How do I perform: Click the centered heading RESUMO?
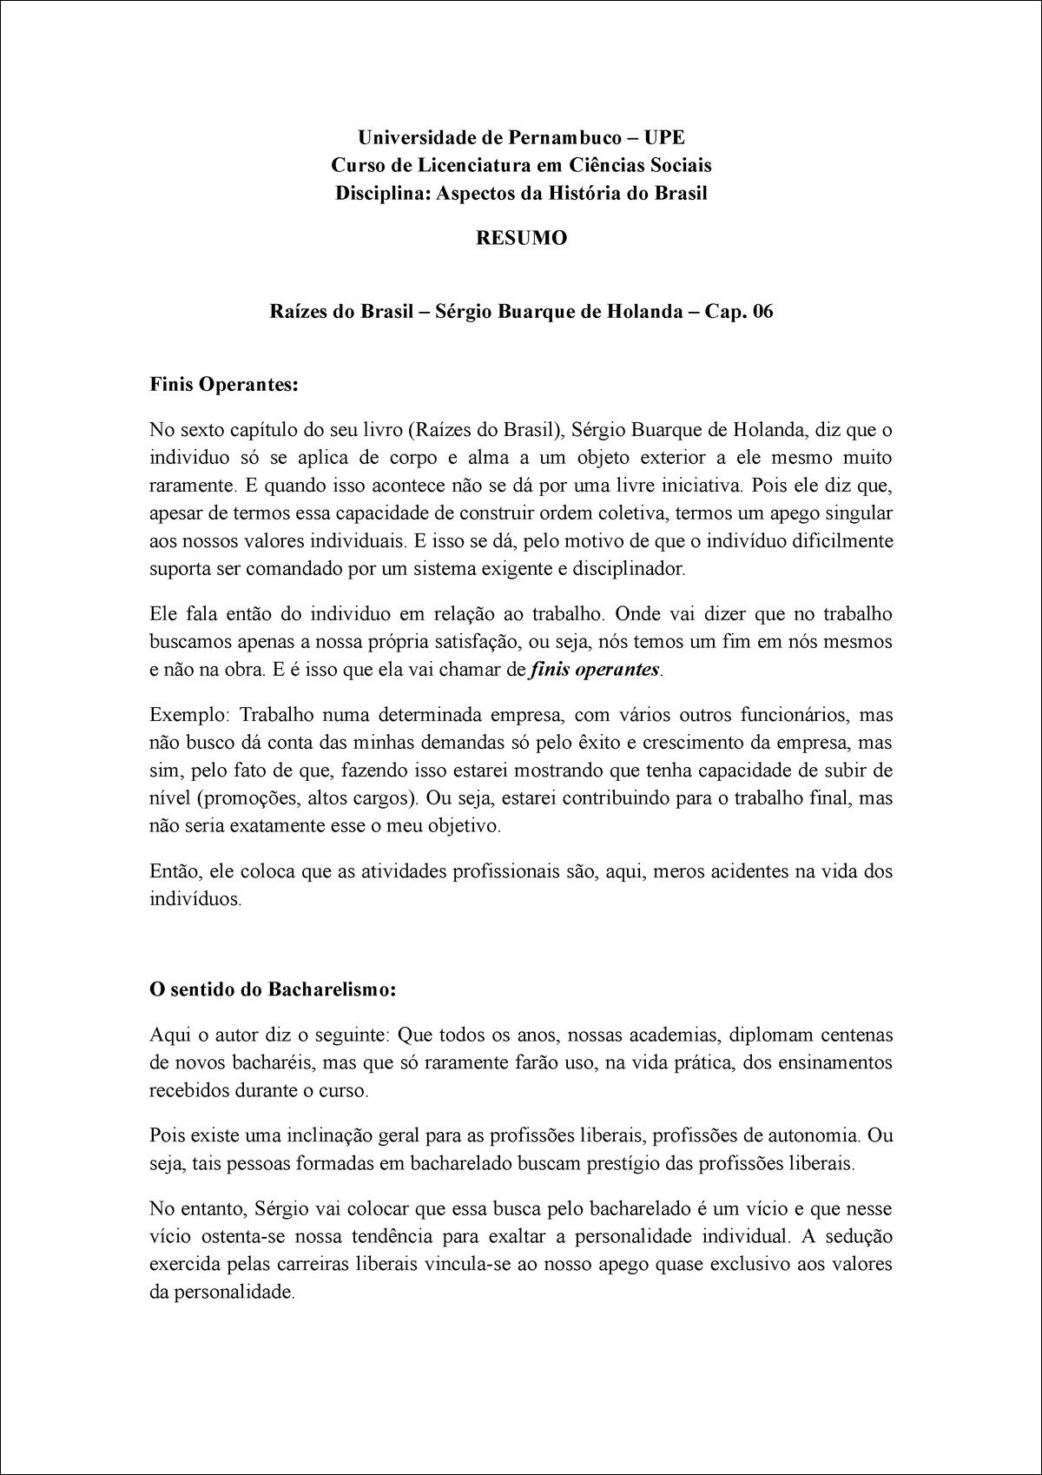(521, 238)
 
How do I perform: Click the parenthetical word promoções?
(253, 797)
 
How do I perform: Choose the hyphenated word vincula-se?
(465, 1264)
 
